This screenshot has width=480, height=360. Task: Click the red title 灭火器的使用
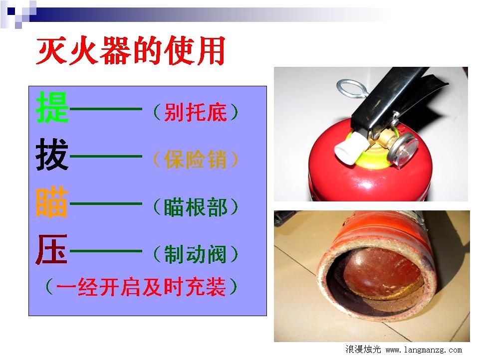[131, 50]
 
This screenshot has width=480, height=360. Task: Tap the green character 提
[52, 107]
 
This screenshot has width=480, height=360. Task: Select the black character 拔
[52, 155]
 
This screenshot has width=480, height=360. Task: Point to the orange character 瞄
[52, 202]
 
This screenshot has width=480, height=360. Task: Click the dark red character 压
[51, 249]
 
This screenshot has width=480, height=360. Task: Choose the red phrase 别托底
[196, 112]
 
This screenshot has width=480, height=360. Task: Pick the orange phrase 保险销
[196, 160]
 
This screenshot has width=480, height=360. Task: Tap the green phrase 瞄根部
[196, 207]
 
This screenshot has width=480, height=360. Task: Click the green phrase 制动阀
[196, 254]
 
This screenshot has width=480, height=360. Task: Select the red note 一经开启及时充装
[141, 287]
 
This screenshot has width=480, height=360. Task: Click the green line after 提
[106, 109]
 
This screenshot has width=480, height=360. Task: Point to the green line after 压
[106, 251]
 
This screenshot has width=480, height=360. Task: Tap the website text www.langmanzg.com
[424, 350]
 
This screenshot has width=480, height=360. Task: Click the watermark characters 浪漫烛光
[363, 350]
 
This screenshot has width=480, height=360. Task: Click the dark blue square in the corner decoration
[11, 11]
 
